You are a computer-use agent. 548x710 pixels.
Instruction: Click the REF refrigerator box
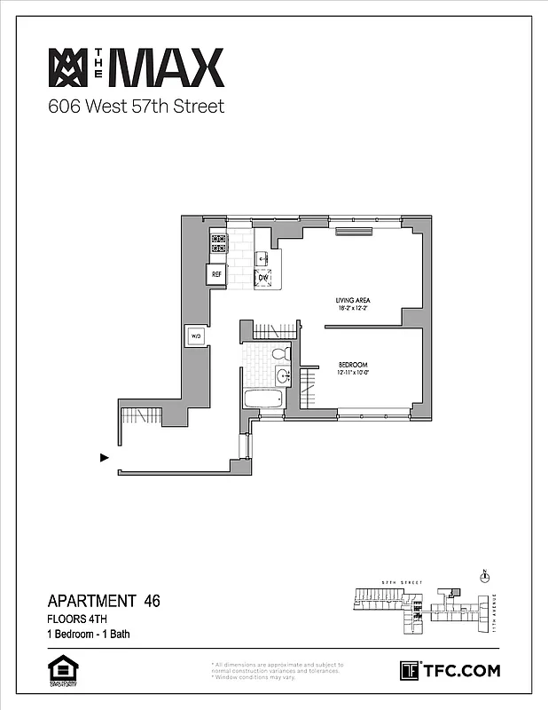coord(217,274)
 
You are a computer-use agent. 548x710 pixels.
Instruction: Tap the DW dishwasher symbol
coord(263,278)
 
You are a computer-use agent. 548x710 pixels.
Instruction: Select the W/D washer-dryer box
coord(195,336)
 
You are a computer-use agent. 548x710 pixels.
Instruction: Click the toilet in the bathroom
coord(280,354)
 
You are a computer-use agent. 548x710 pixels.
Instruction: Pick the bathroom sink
coord(282,375)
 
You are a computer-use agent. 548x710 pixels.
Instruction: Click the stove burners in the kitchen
coord(218,242)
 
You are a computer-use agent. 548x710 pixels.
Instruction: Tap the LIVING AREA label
coord(352,301)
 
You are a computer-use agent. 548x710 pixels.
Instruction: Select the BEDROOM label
coord(353,366)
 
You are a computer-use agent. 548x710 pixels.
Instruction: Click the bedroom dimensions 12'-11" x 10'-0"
coord(353,375)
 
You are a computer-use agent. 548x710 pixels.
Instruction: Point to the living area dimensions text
coord(352,310)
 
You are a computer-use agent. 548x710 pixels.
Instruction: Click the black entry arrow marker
coord(105,458)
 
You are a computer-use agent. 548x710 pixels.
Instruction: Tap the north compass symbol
coord(484,576)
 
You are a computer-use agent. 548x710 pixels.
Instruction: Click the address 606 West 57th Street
coord(136,107)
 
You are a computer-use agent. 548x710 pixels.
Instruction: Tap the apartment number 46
coord(152,602)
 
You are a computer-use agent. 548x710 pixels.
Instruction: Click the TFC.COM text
coord(460,671)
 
